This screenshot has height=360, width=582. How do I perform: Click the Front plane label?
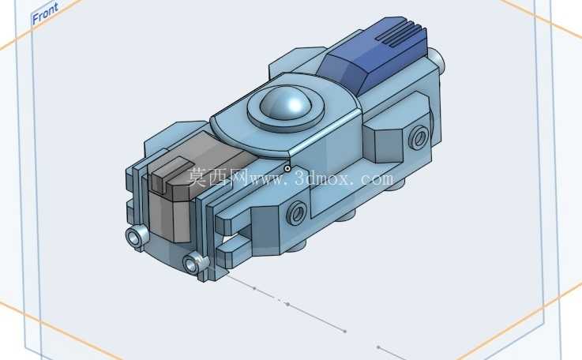(45, 13)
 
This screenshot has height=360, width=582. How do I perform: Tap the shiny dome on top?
(286, 101)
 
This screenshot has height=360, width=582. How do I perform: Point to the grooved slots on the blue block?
(396, 33)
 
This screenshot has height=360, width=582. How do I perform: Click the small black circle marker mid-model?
(287, 169)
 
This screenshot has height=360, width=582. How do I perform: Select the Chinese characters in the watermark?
(217, 178)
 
